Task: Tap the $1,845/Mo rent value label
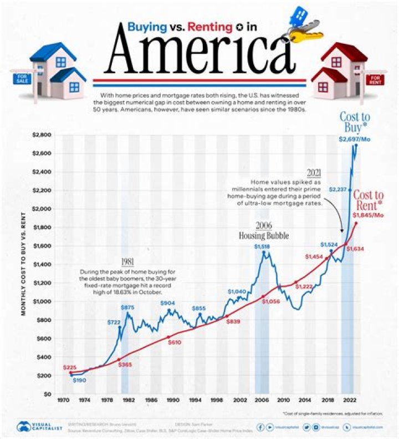click(x=368, y=215)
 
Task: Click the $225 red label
click(x=70, y=367)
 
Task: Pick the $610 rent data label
click(x=175, y=343)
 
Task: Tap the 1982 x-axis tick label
click(x=127, y=400)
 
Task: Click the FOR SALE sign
click(x=22, y=79)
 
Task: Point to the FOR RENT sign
click(x=377, y=79)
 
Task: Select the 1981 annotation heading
click(x=128, y=263)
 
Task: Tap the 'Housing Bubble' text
click(x=264, y=235)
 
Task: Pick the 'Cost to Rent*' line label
click(x=368, y=200)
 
